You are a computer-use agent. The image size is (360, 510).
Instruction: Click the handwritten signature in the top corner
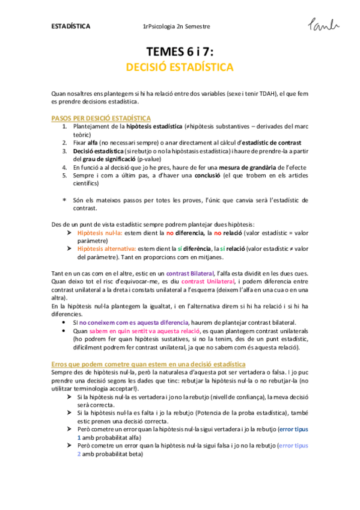pos(323,25)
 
